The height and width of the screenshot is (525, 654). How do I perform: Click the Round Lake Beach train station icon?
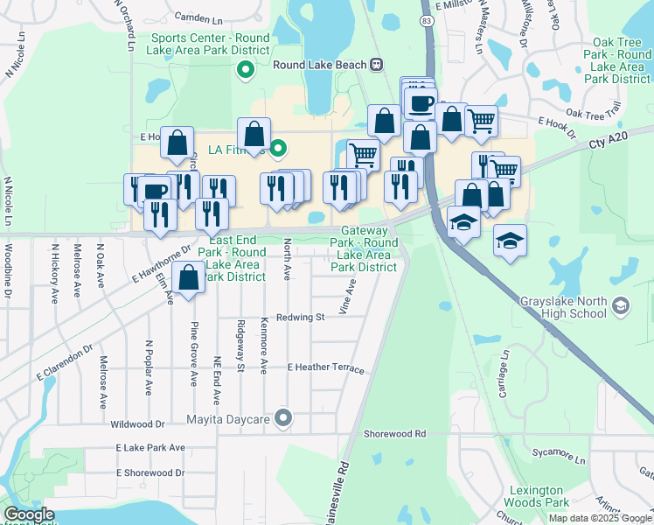point(377,64)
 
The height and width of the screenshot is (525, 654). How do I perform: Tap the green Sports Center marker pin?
point(247,68)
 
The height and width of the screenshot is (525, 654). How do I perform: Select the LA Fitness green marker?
point(278,149)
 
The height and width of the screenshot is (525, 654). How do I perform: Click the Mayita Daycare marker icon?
point(282,418)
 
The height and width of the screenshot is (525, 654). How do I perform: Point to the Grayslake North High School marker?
point(621,305)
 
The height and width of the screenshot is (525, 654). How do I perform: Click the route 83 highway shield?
point(426,19)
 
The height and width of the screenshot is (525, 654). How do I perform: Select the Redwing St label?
point(301,318)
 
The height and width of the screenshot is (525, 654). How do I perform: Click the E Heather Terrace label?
point(325,368)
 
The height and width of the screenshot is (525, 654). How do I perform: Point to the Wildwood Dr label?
point(137,424)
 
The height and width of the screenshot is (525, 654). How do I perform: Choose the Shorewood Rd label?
point(394,433)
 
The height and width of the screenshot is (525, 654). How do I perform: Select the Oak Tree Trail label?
point(592,112)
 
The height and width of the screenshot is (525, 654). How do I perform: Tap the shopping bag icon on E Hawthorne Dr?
point(189,279)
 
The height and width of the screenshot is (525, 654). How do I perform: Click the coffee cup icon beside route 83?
point(421,104)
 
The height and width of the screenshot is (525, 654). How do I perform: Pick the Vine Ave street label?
point(351,297)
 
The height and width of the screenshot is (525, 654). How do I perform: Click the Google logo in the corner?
point(29,515)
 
